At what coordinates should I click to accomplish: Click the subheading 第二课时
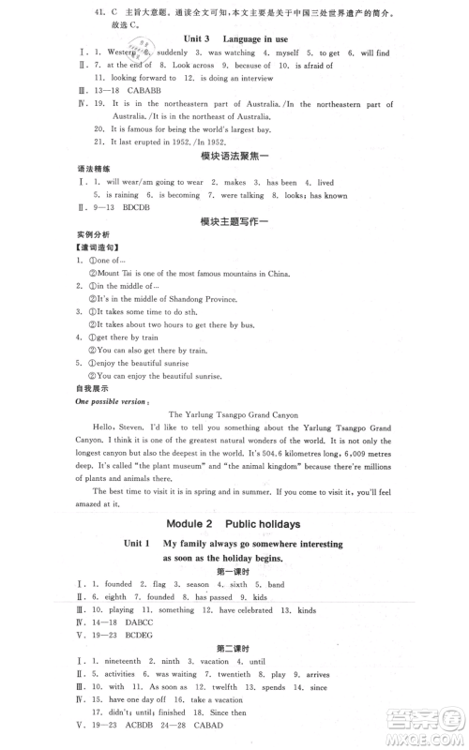234,658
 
